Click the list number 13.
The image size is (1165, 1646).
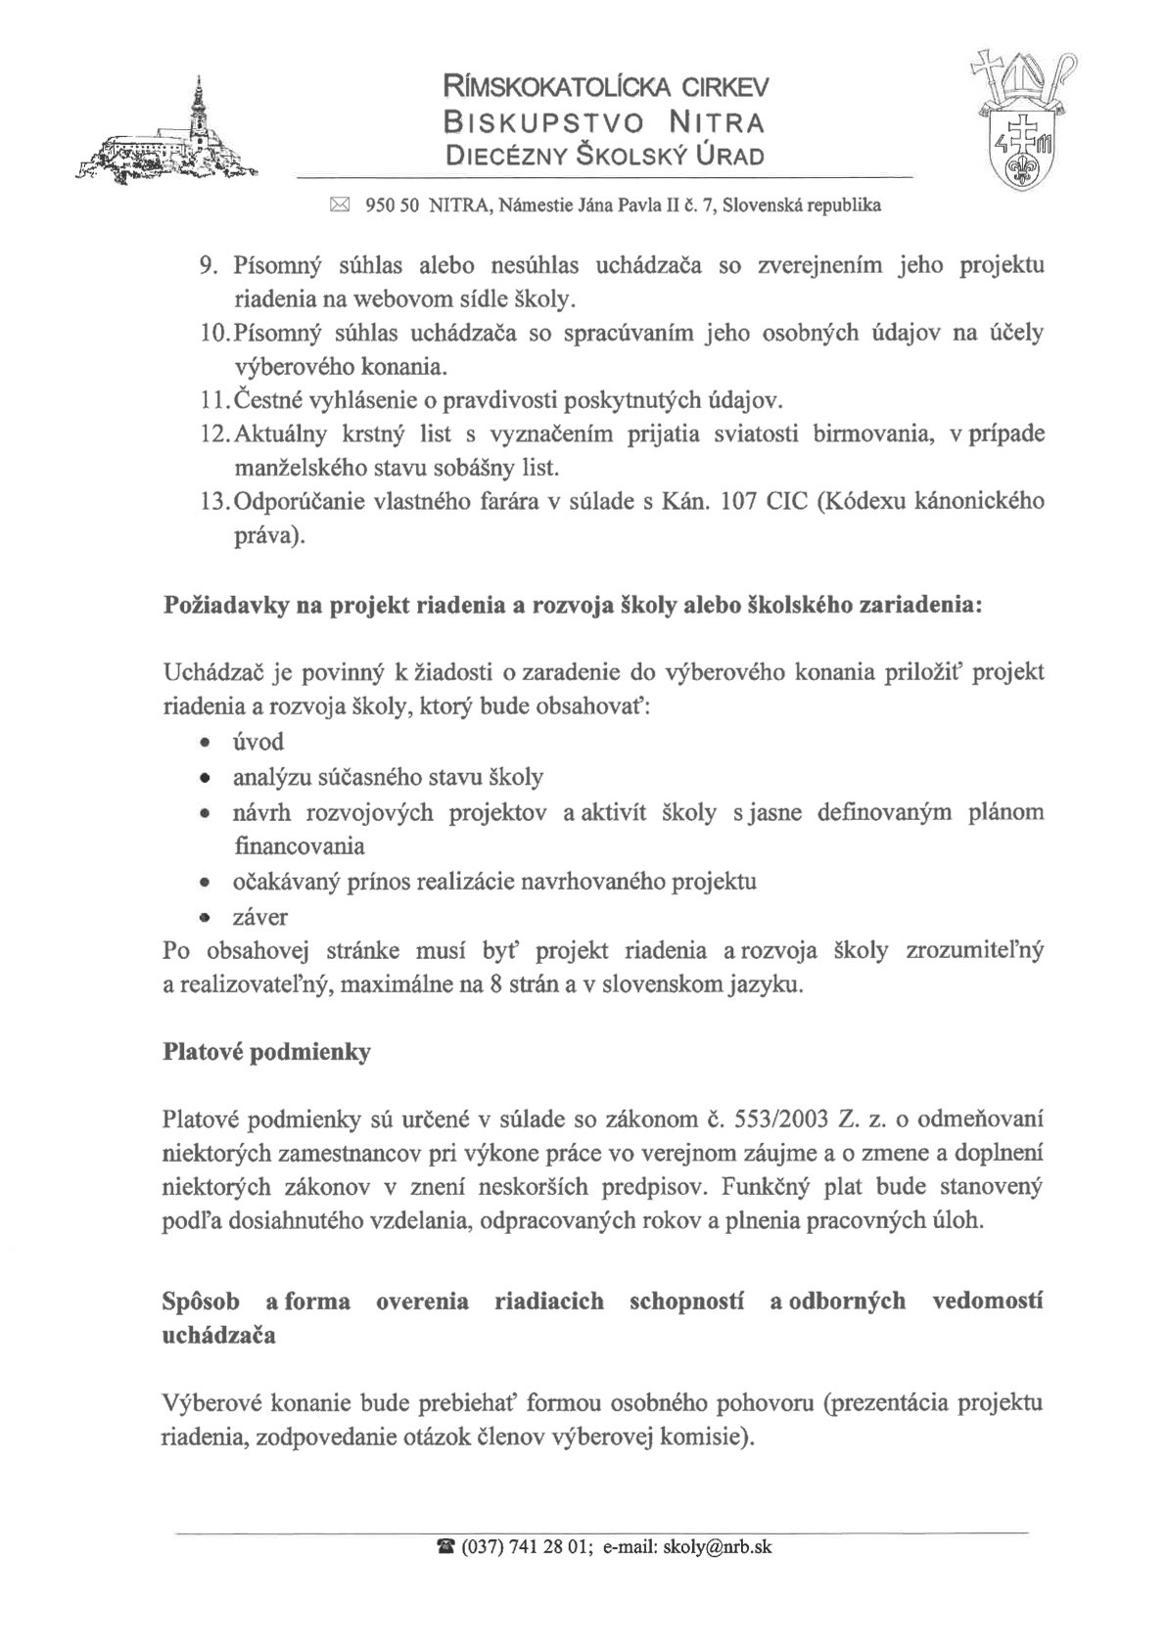click(x=211, y=502)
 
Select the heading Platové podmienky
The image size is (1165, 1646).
click(x=266, y=1054)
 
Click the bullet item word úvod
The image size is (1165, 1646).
click(x=258, y=742)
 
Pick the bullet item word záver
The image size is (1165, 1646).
click(x=260, y=918)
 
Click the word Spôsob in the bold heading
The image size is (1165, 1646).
click(x=201, y=1302)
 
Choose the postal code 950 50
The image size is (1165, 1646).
click(x=392, y=206)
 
